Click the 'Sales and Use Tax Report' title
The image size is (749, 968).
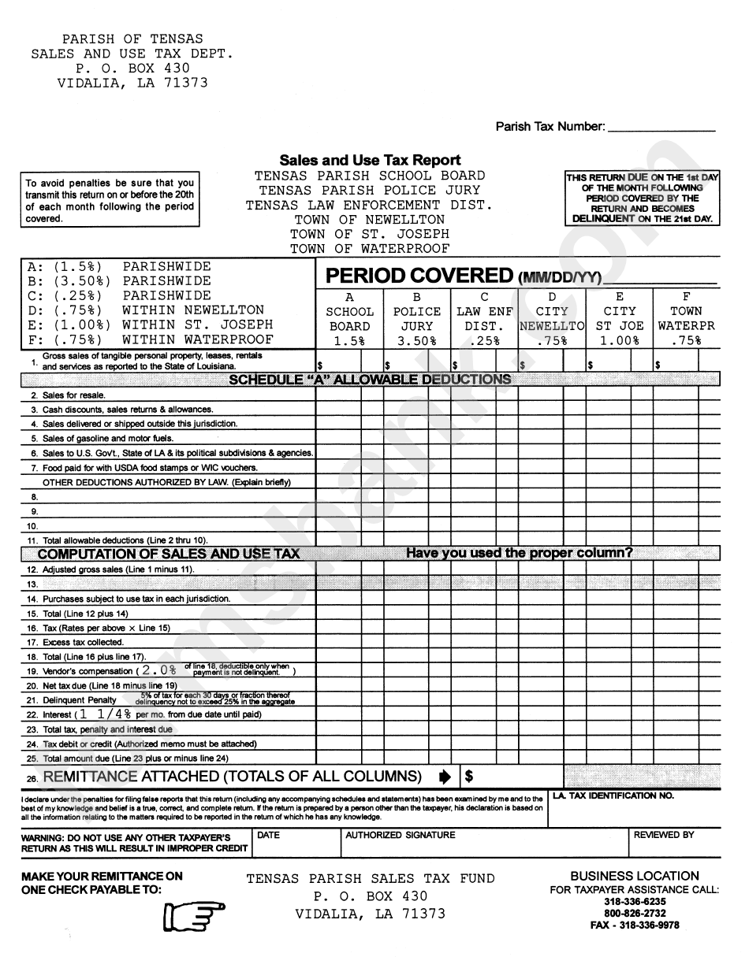370,161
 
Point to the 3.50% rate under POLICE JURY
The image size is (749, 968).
416,341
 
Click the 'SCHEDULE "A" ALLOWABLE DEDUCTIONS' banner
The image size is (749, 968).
370,380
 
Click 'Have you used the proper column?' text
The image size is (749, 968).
519,553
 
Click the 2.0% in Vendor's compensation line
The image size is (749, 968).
158,670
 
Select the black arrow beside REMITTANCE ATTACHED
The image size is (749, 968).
445,777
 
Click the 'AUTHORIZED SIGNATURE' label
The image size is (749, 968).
401,835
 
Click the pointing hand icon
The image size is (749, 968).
194,916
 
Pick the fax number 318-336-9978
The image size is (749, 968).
635,925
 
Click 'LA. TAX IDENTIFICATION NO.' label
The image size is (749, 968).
613,796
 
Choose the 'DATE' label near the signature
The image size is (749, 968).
269,835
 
